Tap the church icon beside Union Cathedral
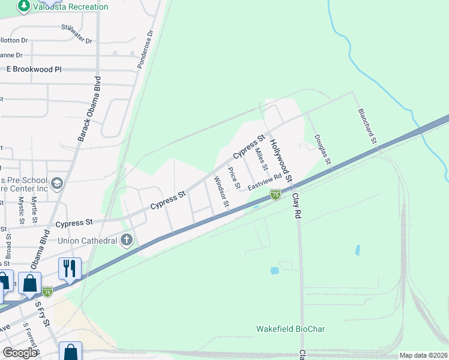[126, 241]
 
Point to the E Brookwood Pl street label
[34, 70]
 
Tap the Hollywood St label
[280, 161]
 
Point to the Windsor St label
[221, 191]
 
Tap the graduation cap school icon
[57, 182]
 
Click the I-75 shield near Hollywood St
[275, 194]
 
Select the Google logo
[20, 352]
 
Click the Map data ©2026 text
[423, 355]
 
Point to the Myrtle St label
[34, 209]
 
